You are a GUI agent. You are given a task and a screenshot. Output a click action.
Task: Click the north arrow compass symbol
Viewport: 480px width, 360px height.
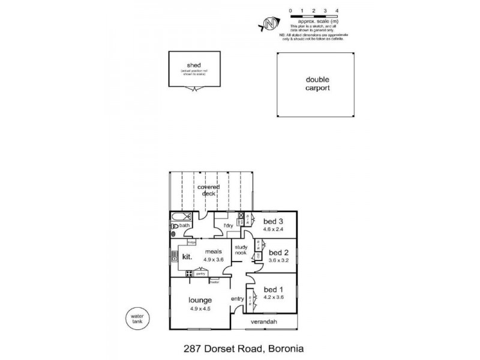point(271,25)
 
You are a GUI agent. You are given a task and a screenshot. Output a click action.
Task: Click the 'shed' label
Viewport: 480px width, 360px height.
point(193,65)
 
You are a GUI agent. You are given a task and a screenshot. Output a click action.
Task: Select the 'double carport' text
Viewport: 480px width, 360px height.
point(317,83)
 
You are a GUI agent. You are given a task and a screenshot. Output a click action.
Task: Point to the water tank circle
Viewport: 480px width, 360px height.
point(137,316)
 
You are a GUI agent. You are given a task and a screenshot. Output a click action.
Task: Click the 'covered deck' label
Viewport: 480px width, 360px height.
point(209,190)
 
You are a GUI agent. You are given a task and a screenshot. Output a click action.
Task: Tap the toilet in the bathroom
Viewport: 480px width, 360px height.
point(174,226)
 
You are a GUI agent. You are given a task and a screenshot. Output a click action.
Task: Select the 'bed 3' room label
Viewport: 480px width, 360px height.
point(272,221)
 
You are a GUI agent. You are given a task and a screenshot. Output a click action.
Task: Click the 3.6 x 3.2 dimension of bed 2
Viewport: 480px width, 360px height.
point(278,260)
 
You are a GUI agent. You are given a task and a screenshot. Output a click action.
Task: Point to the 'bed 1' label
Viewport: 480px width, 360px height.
point(273,288)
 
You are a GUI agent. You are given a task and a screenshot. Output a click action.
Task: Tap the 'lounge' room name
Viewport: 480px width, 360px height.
point(200,300)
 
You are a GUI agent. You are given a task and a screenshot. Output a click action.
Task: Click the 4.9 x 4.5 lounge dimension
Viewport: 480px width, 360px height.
point(200,310)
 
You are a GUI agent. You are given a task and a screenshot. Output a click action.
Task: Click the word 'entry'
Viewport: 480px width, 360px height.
point(237,299)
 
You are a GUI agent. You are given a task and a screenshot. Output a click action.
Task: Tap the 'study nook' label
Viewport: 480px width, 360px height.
point(241,250)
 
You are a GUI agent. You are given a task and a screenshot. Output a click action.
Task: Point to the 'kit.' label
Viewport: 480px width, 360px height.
point(187,256)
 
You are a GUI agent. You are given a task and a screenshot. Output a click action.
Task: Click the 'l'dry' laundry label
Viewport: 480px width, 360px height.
point(229,226)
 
